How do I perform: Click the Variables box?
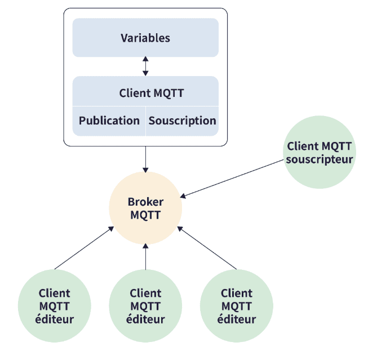(145, 38)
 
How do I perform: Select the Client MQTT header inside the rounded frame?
(145, 93)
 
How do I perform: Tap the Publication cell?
(109, 121)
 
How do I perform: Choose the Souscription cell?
(182, 121)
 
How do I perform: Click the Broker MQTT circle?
(145, 208)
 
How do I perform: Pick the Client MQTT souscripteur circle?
(320, 153)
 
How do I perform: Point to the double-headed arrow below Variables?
(145, 66)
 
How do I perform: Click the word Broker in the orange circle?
(145, 202)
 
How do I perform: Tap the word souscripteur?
(320, 159)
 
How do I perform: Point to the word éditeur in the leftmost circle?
(55, 319)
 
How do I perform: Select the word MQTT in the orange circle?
(145, 215)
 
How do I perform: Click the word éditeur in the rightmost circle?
(237, 319)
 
